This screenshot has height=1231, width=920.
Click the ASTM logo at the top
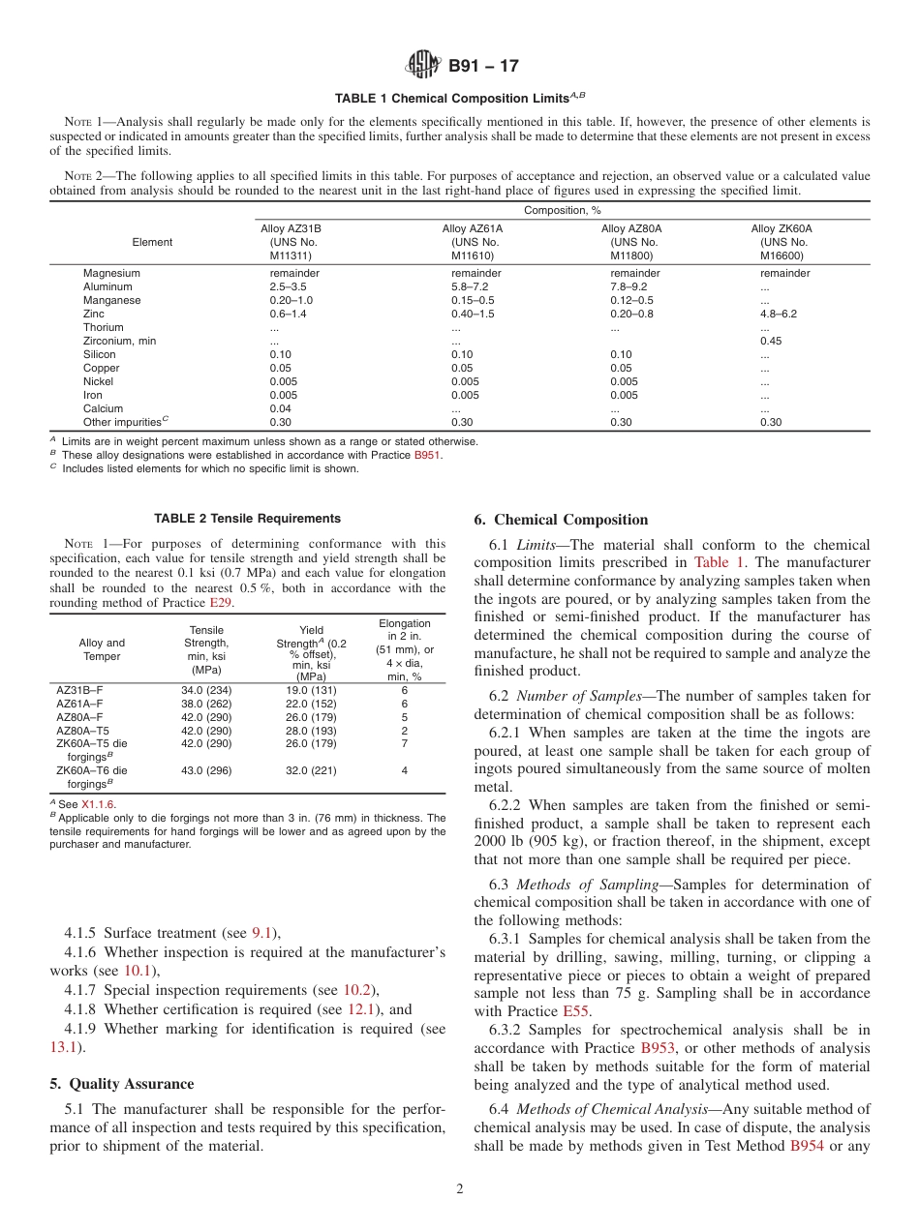(x=422, y=66)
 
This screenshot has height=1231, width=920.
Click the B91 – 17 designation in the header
(x=483, y=66)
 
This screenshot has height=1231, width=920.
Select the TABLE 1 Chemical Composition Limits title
(x=460, y=98)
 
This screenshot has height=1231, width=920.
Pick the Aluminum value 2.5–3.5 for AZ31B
(x=288, y=287)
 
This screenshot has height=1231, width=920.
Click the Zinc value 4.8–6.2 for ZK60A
(x=779, y=315)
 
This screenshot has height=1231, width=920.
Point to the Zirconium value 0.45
(x=771, y=341)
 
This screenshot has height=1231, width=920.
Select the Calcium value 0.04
(x=279, y=408)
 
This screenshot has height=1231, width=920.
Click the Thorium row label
(x=104, y=328)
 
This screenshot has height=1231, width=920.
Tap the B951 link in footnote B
(x=427, y=455)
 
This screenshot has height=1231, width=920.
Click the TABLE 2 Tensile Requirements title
(x=247, y=519)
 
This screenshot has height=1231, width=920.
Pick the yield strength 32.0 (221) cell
(x=310, y=770)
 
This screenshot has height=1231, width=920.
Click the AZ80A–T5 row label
(x=83, y=731)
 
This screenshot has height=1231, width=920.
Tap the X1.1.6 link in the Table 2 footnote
(x=98, y=804)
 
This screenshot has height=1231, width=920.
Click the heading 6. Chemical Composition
(x=561, y=520)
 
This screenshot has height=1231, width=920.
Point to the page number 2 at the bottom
(x=460, y=1189)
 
